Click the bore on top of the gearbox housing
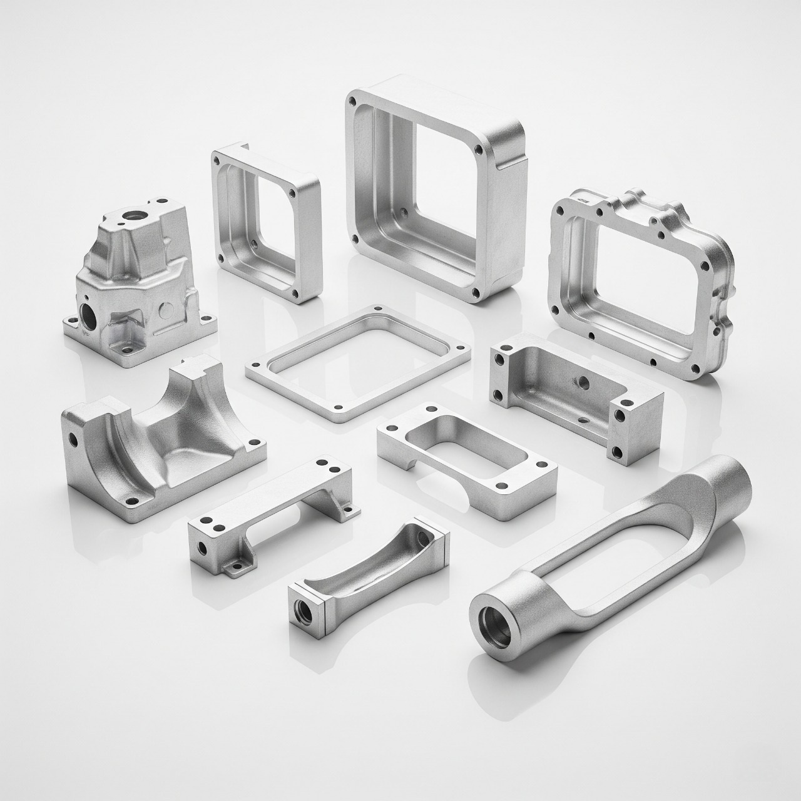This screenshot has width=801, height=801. coord(133,216)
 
